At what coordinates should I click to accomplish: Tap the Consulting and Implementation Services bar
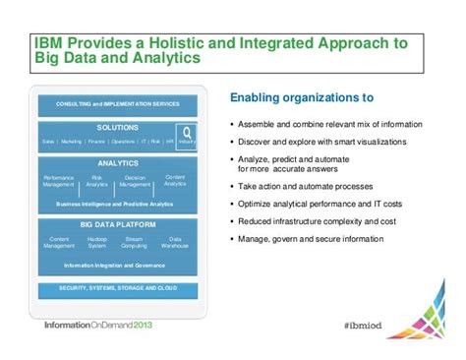[x=118, y=103]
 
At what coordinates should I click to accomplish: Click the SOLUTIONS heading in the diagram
[x=117, y=128]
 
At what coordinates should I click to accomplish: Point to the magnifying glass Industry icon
[x=187, y=133]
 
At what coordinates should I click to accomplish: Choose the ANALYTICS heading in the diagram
[x=118, y=163]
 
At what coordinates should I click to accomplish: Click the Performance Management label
[x=58, y=181]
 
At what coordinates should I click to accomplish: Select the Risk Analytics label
[x=97, y=181]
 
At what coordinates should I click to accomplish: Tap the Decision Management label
[x=136, y=181]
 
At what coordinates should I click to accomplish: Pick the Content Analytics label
[x=175, y=180]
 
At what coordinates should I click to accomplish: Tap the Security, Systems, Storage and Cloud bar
[x=118, y=286]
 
